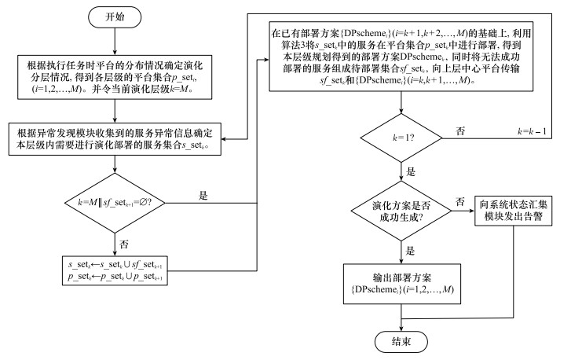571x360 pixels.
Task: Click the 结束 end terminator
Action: (401, 342)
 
